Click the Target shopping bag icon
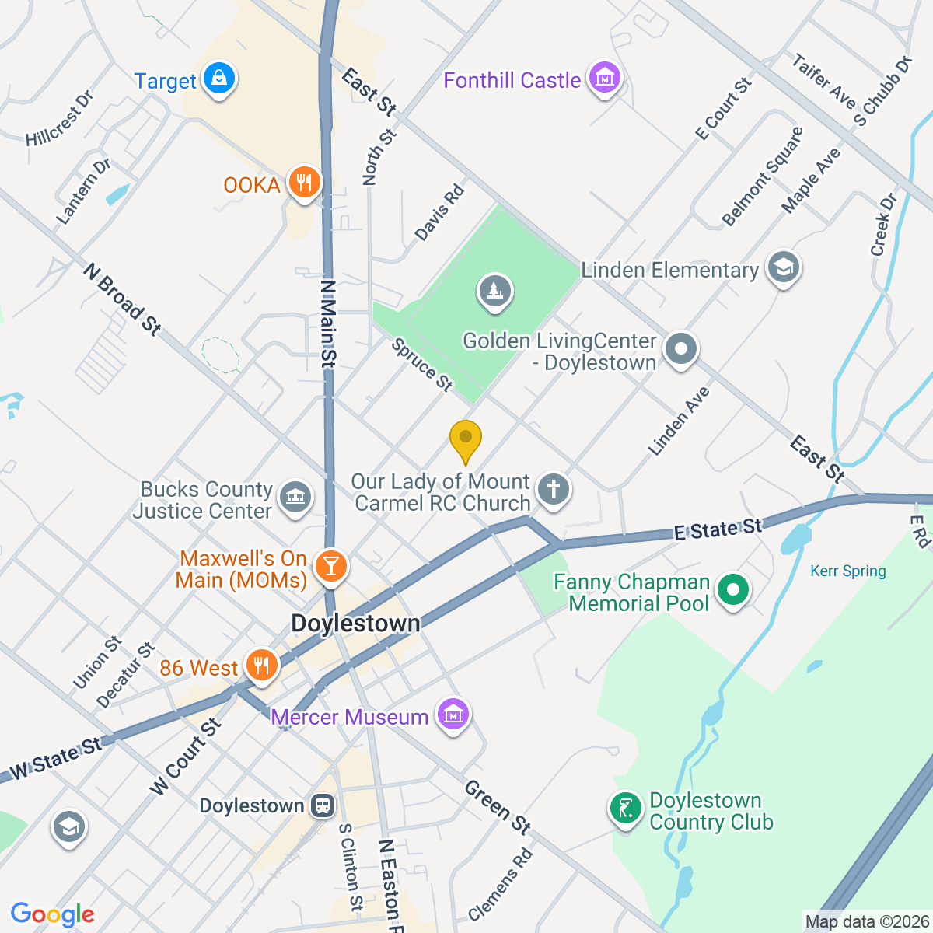pyautogui.click(x=219, y=79)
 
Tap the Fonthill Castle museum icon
pyautogui.click(x=604, y=78)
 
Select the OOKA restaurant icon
pyautogui.click(x=304, y=183)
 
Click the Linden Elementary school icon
pyautogui.click(x=783, y=267)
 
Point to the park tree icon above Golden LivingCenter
pyautogui.click(x=494, y=292)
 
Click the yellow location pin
pyautogui.click(x=466, y=439)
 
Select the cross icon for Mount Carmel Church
pyautogui.click(x=554, y=490)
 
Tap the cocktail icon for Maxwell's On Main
pyautogui.click(x=330, y=565)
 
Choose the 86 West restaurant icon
pyautogui.click(x=261, y=666)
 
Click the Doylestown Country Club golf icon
pyautogui.click(x=625, y=809)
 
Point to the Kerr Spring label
pyautogui.click(x=847, y=571)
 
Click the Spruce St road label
pyautogui.click(x=422, y=364)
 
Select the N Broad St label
pyautogui.click(x=123, y=299)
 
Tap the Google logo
pyautogui.click(x=52, y=914)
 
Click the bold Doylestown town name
pyautogui.click(x=355, y=624)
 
